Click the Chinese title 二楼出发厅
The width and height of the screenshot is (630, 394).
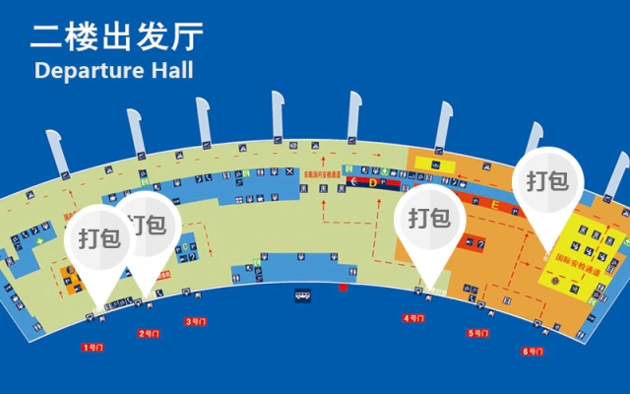[117, 36]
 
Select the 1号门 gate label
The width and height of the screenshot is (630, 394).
[94, 347]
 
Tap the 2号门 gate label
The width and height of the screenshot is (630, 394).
[149, 333]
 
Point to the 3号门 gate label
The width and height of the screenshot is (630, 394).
[196, 321]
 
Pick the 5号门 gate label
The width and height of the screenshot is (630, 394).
[478, 333]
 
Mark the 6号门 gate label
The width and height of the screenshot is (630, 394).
[534, 351]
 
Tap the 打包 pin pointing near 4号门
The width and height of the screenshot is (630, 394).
[429, 218]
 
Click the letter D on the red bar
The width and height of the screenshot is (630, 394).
[374, 181]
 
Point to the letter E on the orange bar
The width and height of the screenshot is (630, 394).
[497, 206]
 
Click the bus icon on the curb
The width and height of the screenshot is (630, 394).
[301, 294]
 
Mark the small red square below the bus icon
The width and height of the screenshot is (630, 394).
[343, 288]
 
